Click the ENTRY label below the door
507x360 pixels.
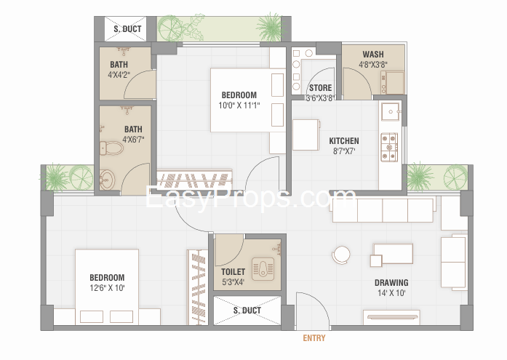(314, 338)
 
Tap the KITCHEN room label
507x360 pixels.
(344, 141)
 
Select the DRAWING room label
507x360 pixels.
(391, 283)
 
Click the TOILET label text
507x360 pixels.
(233, 272)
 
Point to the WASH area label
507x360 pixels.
(373, 55)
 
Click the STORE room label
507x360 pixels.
(321, 88)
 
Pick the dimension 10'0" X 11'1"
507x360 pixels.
(239, 105)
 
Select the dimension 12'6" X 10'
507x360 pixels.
(107, 287)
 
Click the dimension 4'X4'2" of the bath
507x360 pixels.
(119, 75)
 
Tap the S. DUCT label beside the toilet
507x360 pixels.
(247, 311)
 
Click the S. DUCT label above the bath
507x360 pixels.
(127, 29)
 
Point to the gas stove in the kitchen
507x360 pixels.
(389, 148)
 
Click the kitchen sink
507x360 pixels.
(391, 112)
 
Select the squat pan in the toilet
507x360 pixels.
(263, 269)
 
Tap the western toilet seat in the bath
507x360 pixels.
(111, 148)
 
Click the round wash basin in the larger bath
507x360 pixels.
(107, 180)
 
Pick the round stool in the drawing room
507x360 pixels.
(341, 255)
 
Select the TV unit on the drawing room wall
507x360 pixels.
(391, 317)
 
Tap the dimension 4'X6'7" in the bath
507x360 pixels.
(133, 140)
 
